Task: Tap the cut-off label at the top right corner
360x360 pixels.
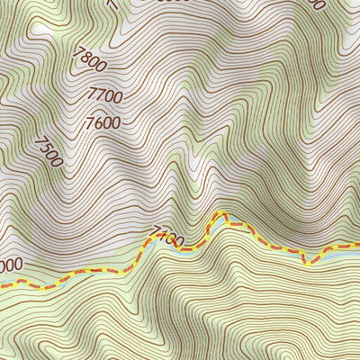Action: click(x=314, y=4)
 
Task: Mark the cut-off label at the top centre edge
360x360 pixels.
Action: click(x=171, y=3)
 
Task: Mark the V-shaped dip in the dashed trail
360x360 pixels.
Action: click(x=306, y=262)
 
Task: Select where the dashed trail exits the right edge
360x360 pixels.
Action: click(x=357, y=244)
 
